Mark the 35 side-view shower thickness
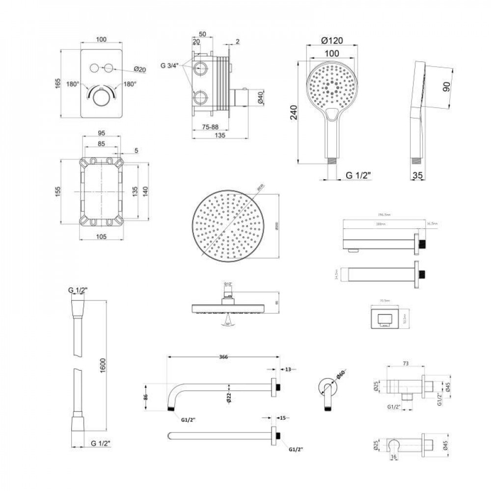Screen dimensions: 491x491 tap(418, 175)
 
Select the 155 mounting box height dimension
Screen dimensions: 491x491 tap(57, 190)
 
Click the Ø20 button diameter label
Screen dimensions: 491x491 tap(140, 69)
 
